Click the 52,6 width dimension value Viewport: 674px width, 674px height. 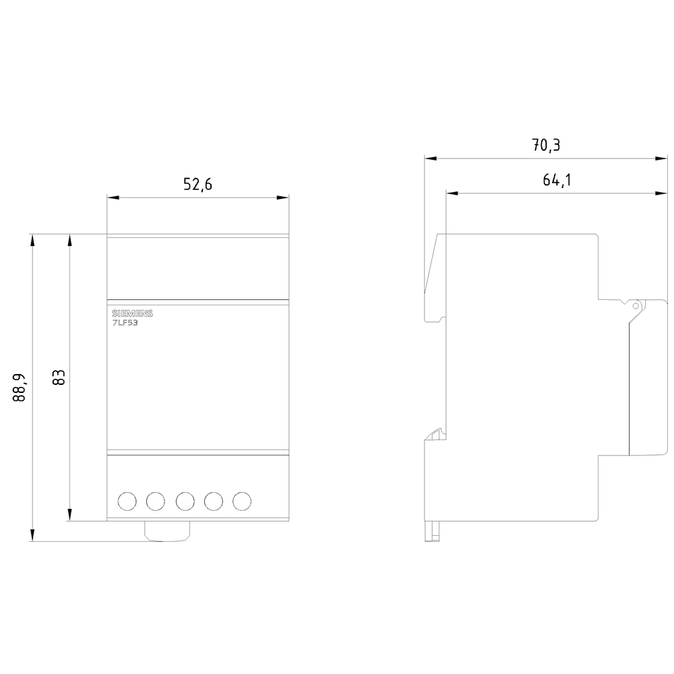[197, 185]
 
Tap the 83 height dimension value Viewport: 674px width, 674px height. [59, 377]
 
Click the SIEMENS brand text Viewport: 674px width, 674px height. [132, 314]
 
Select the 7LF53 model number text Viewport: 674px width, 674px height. [125, 324]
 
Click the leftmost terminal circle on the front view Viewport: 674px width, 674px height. [126, 501]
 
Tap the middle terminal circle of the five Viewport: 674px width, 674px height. [185, 501]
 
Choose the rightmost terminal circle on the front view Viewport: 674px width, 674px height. [242, 501]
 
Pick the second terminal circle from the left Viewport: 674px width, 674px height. [155, 501]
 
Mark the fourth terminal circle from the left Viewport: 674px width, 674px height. [214, 501]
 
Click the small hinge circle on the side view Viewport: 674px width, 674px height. [634, 305]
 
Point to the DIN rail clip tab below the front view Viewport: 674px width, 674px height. [168, 531]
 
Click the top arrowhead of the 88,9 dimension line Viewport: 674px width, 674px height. [31, 239]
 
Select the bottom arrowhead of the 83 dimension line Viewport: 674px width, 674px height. [69, 516]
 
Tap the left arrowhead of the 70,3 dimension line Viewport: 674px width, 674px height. [429, 159]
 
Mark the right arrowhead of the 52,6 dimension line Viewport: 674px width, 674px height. [284, 197]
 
